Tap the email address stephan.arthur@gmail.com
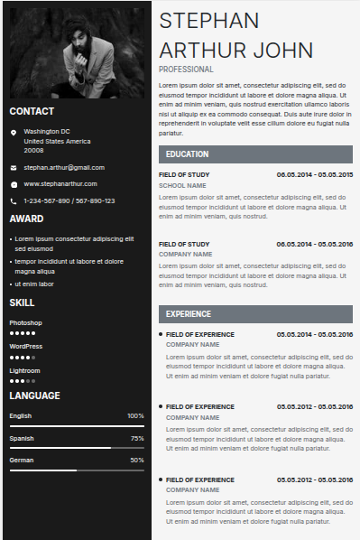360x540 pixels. pyautogui.click(x=64, y=167)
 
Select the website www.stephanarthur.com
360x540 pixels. pyautogui.click(x=60, y=183)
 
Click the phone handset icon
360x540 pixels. pyautogui.click(x=14, y=200)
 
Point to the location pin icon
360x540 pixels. pyautogui.click(x=14, y=133)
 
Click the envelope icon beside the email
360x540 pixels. pyautogui.click(x=14, y=167)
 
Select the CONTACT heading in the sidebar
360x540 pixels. pyautogui.click(x=32, y=111)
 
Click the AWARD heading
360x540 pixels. pyautogui.click(x=26, y=219)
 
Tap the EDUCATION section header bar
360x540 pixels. pyautogui.click(x=255, y=154)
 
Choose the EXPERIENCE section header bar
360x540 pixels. pyautogui.click(x=255, y=314)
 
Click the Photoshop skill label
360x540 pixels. pyautogui.click(x=25, y=322)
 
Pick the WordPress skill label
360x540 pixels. pyautogui.click(x=26, y=346)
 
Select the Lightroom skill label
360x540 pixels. pyautogui.click(x=25, y=370)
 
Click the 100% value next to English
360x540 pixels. pyautogui.click(x=135, y=415)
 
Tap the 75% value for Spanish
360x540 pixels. pyautogui.click(x=137, y=438)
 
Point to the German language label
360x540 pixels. pyautogui.click(x=21, y=460)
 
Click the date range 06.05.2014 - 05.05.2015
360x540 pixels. pyautogui.click(x=314, y=173)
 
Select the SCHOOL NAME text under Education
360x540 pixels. pyautogui.click(x=182, y=185)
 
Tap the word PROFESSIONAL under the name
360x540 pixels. pyautogui.click(x=186, y=69)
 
